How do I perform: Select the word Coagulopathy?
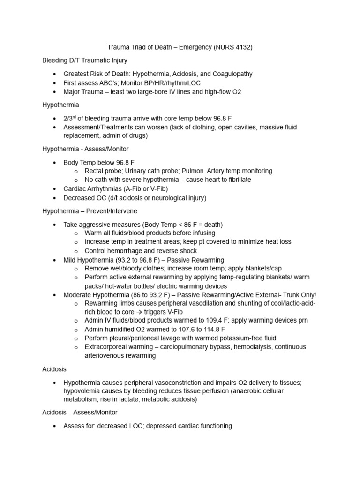(x=230, y=74)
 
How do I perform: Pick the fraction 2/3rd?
(x=70, y=118)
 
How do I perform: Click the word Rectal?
(x=95, y=171)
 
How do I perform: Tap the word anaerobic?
(x=255, y=391)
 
